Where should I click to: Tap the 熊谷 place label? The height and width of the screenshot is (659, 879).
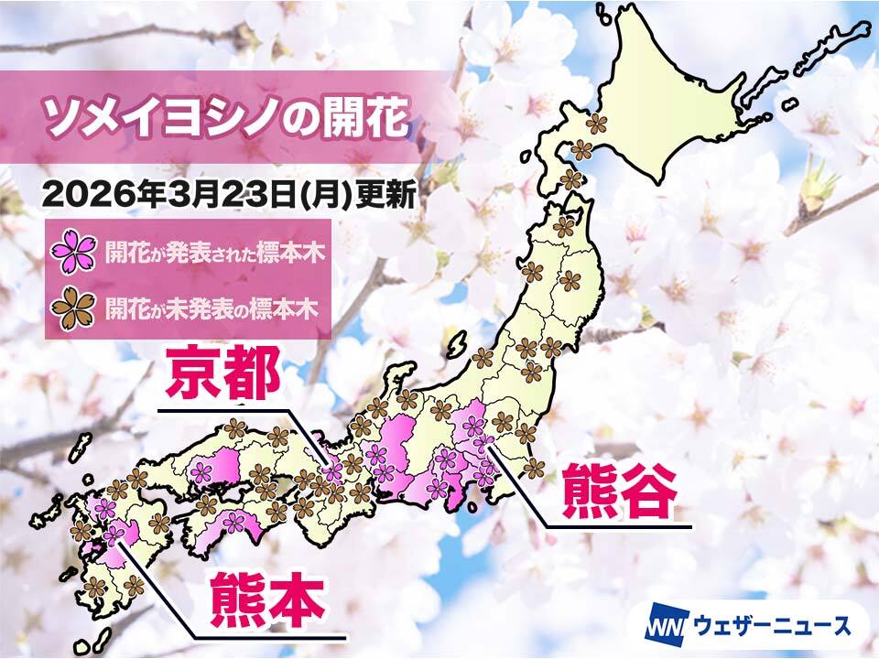point(619,492)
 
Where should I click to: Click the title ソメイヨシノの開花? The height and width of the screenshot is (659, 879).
point(225,119)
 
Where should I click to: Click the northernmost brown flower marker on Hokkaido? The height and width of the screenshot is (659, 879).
point(597,123)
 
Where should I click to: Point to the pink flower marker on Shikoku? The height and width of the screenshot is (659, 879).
point(235,523)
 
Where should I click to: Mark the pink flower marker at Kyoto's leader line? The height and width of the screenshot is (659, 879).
point(333,470)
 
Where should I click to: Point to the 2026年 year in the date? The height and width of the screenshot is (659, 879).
point(90,194)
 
